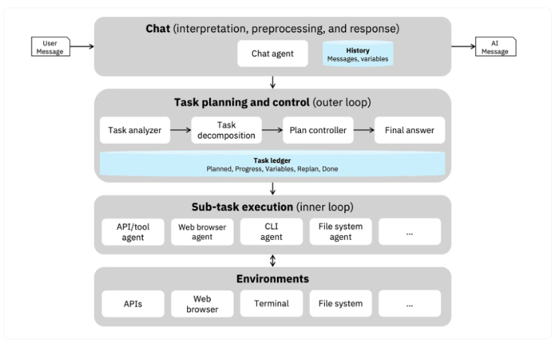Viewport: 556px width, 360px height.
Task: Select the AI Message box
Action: [x=496, y=47]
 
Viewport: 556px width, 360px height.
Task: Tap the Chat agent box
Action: [x=273, y=53]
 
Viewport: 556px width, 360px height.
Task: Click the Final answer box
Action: [x=409, y=129]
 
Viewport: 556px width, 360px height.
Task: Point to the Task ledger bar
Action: [x=273, y=164]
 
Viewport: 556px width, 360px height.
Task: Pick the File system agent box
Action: [x=340, y=232]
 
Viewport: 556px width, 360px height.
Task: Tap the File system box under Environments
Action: [x=340, y=304]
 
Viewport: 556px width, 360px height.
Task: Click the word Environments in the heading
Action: [x=273, y=279]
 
